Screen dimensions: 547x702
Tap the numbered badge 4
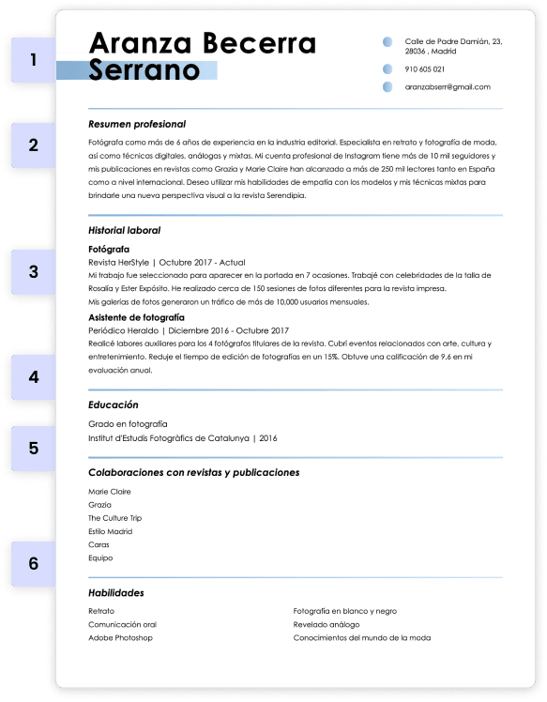[x=34, y=378]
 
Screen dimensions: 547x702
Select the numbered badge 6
[x=34, y=564]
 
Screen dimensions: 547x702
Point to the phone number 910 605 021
[x=424, y=69]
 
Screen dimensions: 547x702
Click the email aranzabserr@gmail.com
[x=448, y=87]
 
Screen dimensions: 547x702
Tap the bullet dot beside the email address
[x=387, y=87]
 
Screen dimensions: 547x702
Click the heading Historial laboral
[x=124, y=230]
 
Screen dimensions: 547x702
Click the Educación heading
[x=113, y=404]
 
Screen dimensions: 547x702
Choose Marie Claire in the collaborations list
[x=110, y=492]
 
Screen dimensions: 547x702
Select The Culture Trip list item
[x=114, y=518]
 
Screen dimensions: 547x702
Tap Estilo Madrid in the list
[x=110, y=531]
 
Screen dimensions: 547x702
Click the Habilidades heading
[x=115, y=593]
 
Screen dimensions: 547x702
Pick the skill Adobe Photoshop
[x=120, y=638]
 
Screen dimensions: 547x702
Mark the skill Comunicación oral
[x=122, y=624]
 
